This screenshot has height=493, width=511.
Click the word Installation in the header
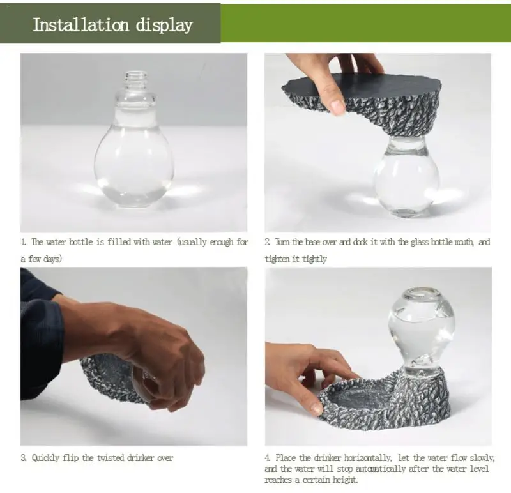coord(81,24)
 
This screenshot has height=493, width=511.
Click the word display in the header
coord(164,26)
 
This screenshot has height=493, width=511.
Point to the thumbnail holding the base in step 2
coord(338,107)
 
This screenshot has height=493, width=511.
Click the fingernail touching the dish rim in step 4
coord(316,408)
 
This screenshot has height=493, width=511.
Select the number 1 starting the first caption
coord(23,242)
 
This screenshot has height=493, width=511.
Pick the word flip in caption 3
coord(71,458)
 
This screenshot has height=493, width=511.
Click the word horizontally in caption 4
coord(369,458)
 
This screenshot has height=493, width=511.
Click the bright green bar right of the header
coord(365,23)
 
